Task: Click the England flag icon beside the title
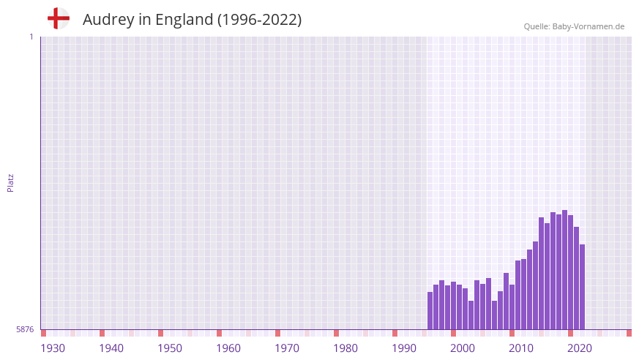point(59,18)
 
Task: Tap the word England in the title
point(183,20)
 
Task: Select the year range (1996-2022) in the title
point(259,20)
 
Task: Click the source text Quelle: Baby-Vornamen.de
point(574,26)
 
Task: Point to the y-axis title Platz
point(10,183)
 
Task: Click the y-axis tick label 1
point(31,37)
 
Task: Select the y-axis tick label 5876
point(25,330)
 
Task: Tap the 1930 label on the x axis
point(53,348)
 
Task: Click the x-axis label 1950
point(170,348)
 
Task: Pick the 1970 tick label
point(287,348)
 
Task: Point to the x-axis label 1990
point(404,348)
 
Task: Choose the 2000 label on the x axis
point(463,348)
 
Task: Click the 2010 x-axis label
point(521,348)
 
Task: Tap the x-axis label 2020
point(580,348)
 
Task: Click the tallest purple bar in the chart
point(564,270)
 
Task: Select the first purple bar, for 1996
point(430,311)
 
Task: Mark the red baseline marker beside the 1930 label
point(43,333)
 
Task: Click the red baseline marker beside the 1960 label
point(219,333)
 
